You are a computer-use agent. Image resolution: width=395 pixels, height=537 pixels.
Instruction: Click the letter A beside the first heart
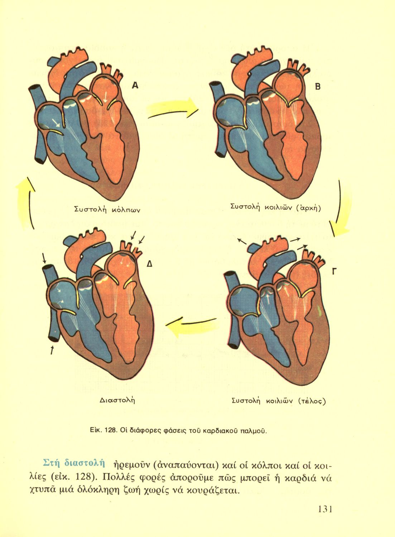[135, 85]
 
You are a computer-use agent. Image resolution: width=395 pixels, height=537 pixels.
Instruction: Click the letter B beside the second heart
[318, 86]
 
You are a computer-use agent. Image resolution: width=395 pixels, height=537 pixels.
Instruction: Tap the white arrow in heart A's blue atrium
[56, 123]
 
